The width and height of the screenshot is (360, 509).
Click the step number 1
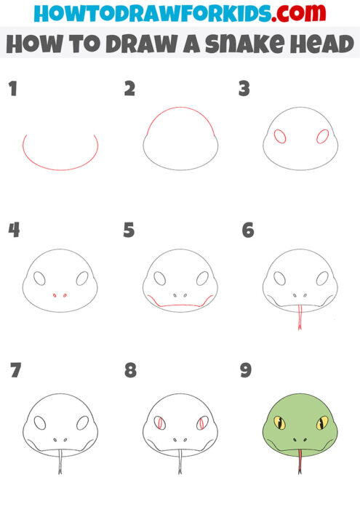point(12,89)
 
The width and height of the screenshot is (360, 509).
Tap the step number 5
point(129,231)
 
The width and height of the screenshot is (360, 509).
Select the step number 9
point(246,370)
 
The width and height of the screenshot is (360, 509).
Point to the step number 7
point(15,370)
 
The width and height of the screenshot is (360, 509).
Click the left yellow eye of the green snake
point(279,422)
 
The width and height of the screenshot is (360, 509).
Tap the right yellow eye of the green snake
point(321,422)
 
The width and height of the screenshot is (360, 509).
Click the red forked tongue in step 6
point(299,318)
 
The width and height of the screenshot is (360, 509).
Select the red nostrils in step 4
point(60,296)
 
